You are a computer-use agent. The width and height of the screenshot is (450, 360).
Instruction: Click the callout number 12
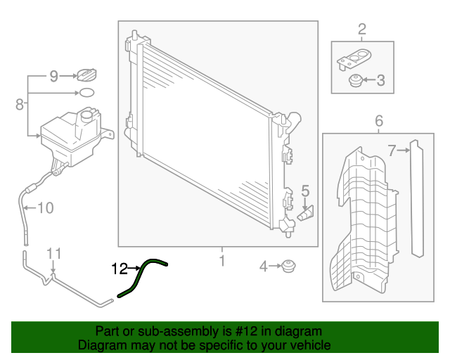[x=119, y=268]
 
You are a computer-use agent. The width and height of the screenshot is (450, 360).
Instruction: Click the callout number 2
[x=362, y=29]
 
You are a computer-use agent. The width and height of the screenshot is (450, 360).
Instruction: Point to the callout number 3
[x=380, y=81]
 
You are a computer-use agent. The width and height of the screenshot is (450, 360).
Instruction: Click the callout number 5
[x=305, y=190]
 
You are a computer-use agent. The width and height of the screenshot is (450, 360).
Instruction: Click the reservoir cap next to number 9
[x=86, y=74]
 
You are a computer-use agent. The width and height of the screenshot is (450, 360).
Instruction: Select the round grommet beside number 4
[x=287, y=267]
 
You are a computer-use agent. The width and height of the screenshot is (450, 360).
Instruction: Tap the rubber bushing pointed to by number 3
[x=356, y=82]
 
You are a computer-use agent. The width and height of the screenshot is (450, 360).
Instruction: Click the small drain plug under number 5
[x=307, y=213]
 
